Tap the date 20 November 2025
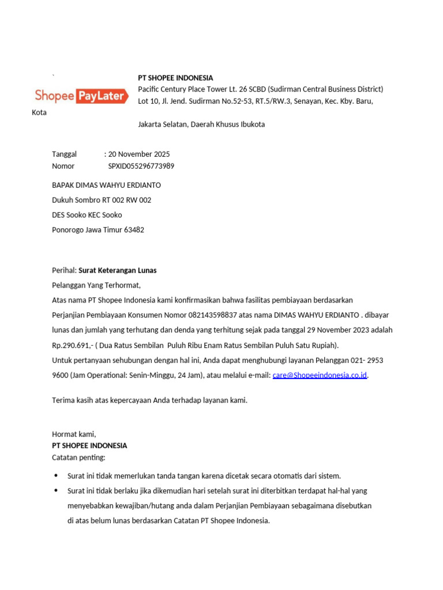(x=139, y=154)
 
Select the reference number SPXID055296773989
(x=141, y=167)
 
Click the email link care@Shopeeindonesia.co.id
(x=320, y=376)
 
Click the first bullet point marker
(x=56, y=476)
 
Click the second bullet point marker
(x=56, y=491)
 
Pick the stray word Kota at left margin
(x=39, y=112)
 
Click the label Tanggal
(x=65, y=154)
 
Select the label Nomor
(x=63, y=167)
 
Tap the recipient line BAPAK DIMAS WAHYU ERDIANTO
(x=107, y=186)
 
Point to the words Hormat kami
(x=74, y=434)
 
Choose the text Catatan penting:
(x=79, y=457)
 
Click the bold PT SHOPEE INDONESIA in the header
(x=175, y=78)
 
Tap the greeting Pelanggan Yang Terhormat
(x=96, y=285)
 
